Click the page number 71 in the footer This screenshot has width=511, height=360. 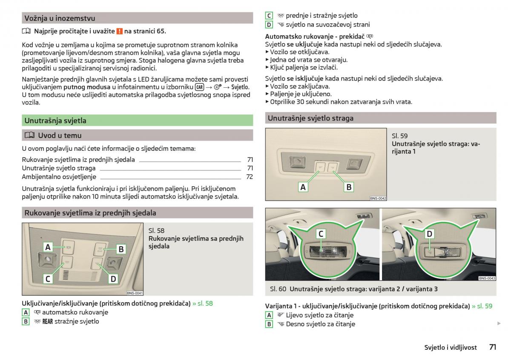[492, 347]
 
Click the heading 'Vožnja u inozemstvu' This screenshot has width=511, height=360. [60, 18]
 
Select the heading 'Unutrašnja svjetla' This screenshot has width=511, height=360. [55, 121]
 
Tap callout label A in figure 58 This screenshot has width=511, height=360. [48, 248]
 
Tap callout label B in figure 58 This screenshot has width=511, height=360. [121, 249]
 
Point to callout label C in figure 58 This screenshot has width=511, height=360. [48, 279]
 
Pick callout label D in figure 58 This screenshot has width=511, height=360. [113, 279]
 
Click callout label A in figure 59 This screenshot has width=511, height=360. [303, 187]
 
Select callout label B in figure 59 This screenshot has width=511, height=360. [348, 187]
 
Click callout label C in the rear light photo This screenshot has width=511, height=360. [322, 233]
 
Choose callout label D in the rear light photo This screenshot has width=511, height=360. [429, 233]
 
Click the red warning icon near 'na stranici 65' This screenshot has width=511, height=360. [120, 31]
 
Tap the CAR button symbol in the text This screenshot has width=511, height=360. [199, 87]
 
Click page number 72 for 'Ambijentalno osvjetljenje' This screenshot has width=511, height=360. [250, 177]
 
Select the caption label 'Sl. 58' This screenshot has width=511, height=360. [156, 230]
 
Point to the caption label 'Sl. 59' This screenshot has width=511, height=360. [399, 136]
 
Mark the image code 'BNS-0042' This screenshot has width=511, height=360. [378, 198]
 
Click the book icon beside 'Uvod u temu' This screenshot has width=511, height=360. [29, 135]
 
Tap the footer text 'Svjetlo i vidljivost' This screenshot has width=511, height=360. [450, 347]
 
